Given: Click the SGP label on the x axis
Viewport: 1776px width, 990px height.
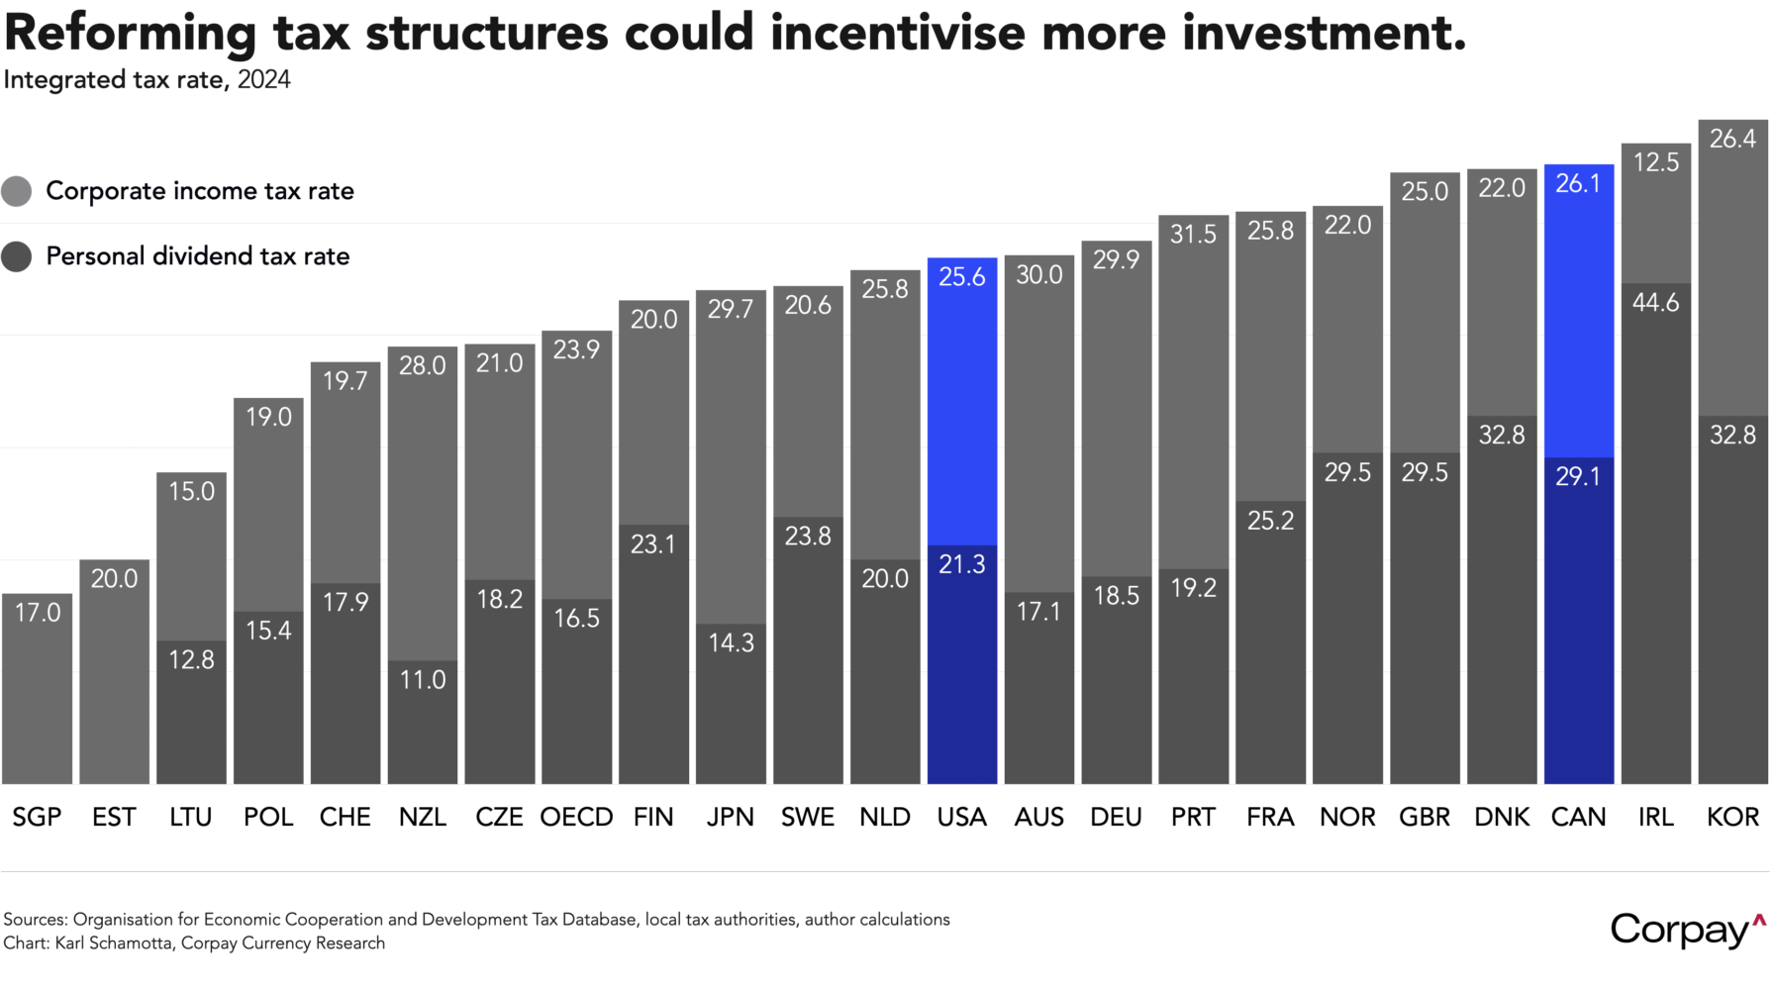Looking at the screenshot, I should [37, 817].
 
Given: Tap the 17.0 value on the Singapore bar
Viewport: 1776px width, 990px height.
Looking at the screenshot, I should [38, 613].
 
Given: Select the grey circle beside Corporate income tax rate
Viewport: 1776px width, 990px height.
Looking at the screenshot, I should [17, 191].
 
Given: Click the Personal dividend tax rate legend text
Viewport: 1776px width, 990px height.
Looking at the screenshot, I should [198, 256].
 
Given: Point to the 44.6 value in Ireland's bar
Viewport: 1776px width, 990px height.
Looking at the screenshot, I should [1655, 302].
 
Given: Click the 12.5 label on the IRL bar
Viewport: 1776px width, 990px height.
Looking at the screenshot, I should [1655, 162].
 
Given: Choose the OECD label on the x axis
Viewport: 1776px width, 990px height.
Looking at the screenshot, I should [576, 817].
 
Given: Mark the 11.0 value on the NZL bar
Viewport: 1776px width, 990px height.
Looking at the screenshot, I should [423, 680].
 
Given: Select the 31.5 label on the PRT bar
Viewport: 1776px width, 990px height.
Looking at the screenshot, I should [1193, 235].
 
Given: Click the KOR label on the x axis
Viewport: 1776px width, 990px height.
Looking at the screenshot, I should [1732, 817].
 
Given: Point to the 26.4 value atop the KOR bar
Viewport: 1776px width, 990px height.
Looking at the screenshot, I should [1732, 139].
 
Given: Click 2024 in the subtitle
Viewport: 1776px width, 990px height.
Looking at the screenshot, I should [264, 80].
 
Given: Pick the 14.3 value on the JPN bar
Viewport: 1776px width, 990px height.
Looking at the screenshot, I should [731, 643].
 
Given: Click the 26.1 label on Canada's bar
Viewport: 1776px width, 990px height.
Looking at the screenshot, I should [1578, 184].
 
